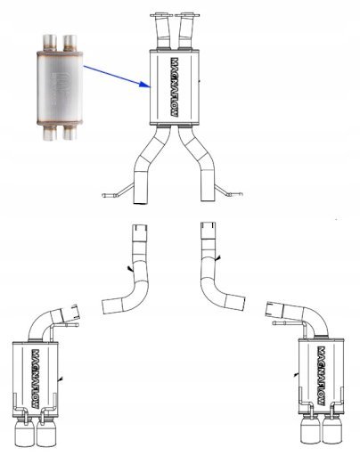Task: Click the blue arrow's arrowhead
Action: [145, 84]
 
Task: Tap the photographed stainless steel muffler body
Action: [60, 88]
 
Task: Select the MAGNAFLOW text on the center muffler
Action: [176, 86]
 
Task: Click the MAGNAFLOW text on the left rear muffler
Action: [36, 379]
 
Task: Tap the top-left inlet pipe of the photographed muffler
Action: [50, 43]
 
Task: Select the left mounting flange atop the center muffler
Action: [161, 14]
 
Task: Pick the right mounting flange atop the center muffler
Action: [187, 14]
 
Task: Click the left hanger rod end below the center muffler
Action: [108, 195]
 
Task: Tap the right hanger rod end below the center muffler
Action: [237, 194]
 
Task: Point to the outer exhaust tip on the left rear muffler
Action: [24, 435]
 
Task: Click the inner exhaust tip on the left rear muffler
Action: [46, 435]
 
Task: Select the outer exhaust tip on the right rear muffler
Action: [333, 432]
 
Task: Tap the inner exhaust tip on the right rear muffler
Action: [310, 432]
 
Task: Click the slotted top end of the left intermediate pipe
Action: [139, 230]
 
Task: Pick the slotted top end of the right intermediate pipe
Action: [209, 226]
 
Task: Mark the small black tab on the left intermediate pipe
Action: [130, 269]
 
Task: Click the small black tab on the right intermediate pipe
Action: [218, 259]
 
